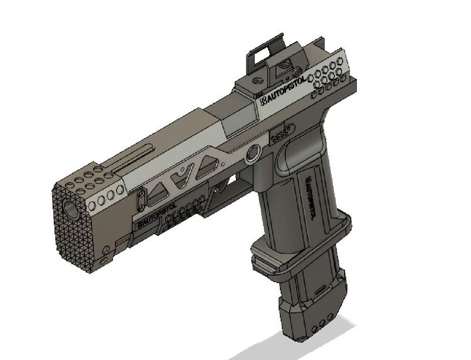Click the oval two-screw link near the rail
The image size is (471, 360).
141,200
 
